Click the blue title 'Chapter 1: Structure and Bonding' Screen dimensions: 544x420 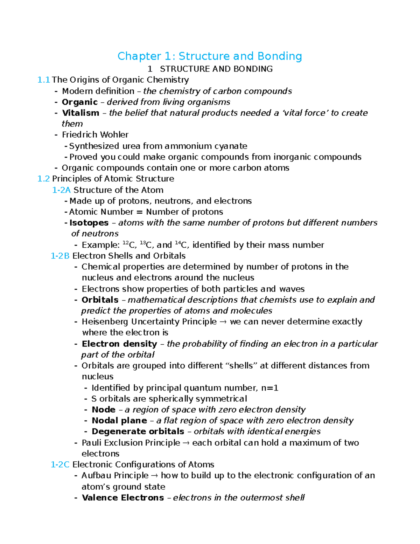pos(210,56)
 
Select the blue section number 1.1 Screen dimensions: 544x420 pos(43,80)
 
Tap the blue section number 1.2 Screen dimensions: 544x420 pos(43,179)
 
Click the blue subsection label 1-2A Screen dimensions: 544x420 pos(61,190)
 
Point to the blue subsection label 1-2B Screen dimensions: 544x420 pos(60,256)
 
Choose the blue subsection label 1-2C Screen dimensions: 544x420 pos(60,464)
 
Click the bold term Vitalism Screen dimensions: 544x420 pos(80,113)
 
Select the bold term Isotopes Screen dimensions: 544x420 pos(89,223)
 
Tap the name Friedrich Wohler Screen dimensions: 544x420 pos(95,135)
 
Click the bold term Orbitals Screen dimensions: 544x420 pos(100,300)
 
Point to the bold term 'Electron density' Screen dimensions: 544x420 pos(119,344)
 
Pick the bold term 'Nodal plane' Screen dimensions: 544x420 pos(119,420)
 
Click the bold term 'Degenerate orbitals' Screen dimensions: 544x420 pos(138,431)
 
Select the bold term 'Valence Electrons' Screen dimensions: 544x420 pos(122,497)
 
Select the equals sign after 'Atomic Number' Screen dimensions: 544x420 pos(140,212)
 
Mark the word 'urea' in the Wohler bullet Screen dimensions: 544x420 pos(131,146)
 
